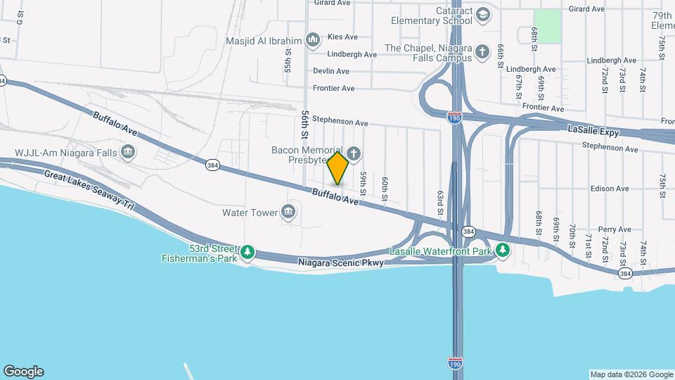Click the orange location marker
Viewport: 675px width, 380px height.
tap(338, 167)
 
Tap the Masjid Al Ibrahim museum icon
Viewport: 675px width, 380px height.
tap(313, 39)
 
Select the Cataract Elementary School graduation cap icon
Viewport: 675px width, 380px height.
tap(483, 15)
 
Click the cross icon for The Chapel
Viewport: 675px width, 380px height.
tap(482, 52)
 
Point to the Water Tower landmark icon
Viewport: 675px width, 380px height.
tap(288, 212)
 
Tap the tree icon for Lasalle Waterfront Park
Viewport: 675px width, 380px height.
tap(502, 251)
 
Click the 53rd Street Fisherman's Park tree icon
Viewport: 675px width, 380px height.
tap(247, 253)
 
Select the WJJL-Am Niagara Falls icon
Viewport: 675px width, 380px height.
tap(128, 151)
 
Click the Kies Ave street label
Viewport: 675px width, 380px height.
tap(342, 37)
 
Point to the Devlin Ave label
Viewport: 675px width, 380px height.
tap(331, 71)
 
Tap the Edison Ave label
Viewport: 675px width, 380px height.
tap(610, 189)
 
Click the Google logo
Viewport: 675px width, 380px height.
tap(23, 371)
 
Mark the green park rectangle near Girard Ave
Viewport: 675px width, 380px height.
tap(548, 26)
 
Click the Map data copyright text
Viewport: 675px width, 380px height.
tap(631, 374)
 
